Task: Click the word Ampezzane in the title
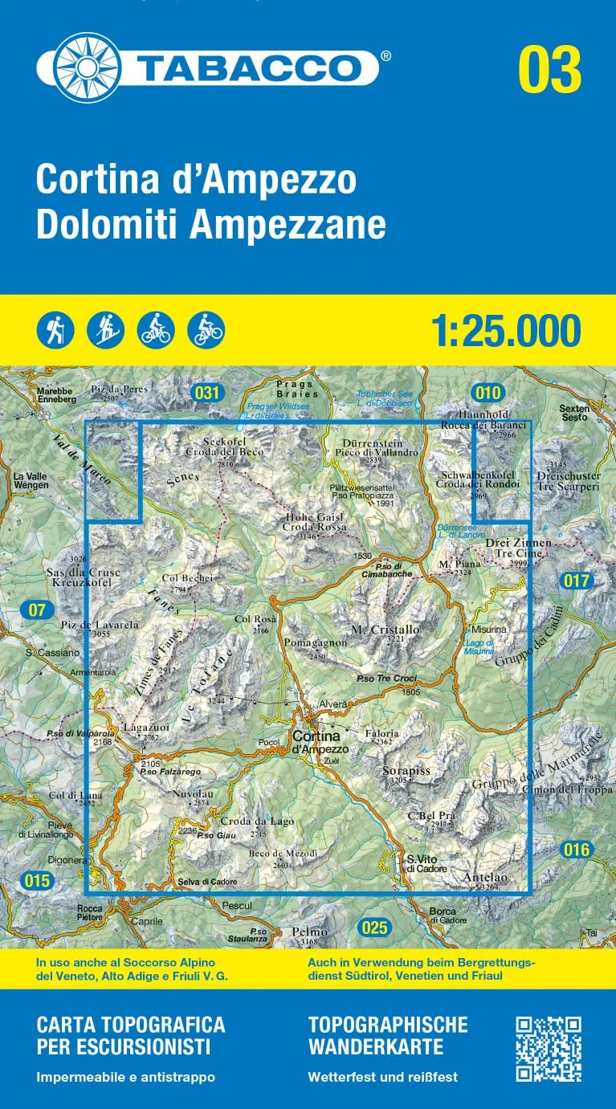tap(288, 226)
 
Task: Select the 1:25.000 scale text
tap(505, 331)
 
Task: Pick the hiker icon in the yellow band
tap(55, 329)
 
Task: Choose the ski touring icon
tap(105, 329)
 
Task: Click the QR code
tap(548, 1049)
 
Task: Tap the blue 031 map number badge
tap(206, 393)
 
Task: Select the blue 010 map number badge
tap(487, 393)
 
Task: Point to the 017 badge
tap(576, 580)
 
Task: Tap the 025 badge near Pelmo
tap(374, 928)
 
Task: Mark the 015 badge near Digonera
tap(37, 881)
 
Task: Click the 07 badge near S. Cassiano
tap(37, 610)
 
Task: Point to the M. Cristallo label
tap(386, 630)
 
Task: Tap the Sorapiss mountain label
tap(410, 771)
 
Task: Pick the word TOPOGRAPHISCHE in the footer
tap(387, 1024)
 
